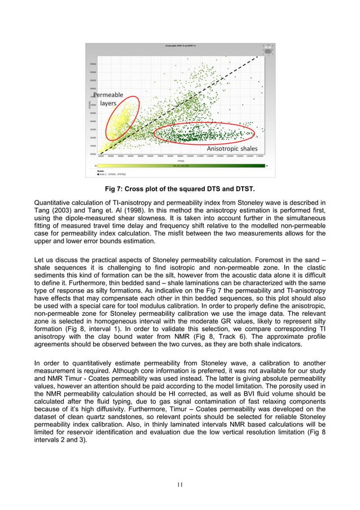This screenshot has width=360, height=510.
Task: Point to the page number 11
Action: [x=181, y=484]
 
